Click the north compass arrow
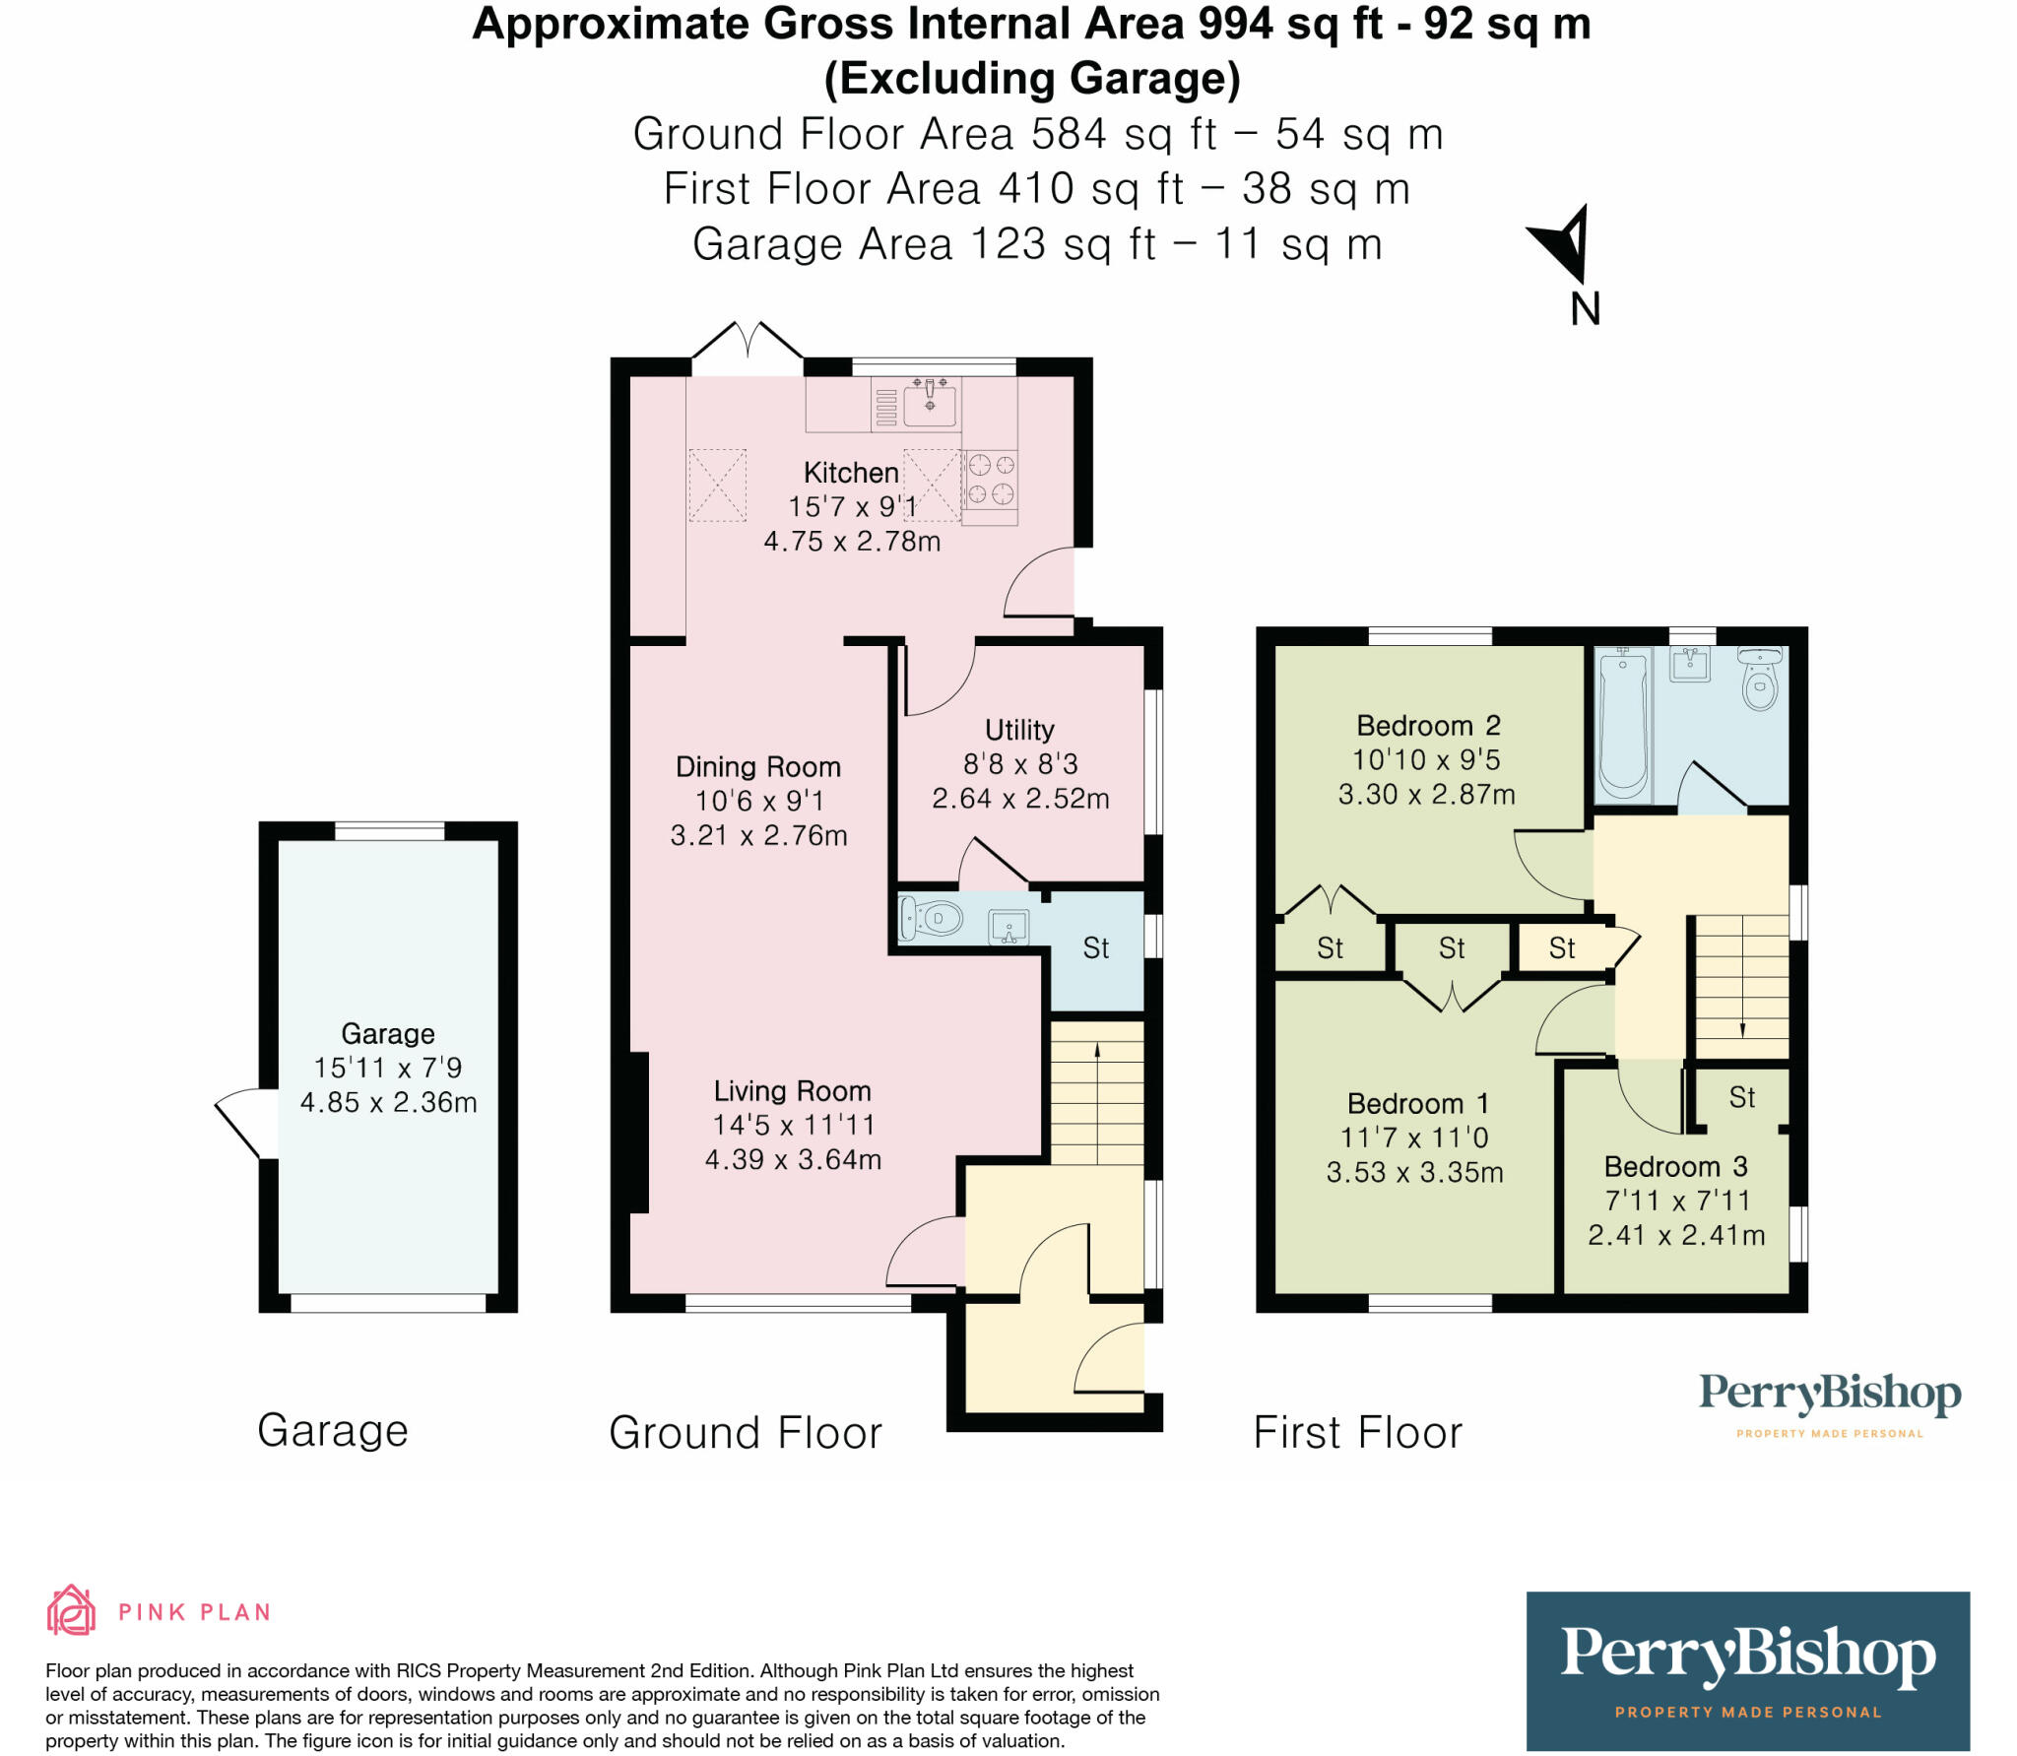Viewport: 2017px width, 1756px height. [x=1564, y=243]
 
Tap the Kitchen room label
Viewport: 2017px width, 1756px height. [x=851, y=473]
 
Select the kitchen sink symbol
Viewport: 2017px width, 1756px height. [x=930, y=405]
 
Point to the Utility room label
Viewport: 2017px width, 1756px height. [x=1019, y=730]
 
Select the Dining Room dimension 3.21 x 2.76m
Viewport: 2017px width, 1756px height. [x=758, y=835]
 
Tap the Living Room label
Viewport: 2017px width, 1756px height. [x=792, y=1091]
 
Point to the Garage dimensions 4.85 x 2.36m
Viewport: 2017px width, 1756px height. [x=388, y=1102]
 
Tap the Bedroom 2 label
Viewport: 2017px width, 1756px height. [x=1428, y=726]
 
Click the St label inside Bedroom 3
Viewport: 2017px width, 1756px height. [x=1741, y=1097]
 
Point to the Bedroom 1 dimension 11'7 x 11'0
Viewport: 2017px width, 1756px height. [x=1414, y=1138]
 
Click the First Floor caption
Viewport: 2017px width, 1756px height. [x=1357, y=1432]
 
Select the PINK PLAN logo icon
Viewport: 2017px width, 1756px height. [x=71, y=1611]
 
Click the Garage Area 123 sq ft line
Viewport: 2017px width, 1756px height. [x=1037, y=244]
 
